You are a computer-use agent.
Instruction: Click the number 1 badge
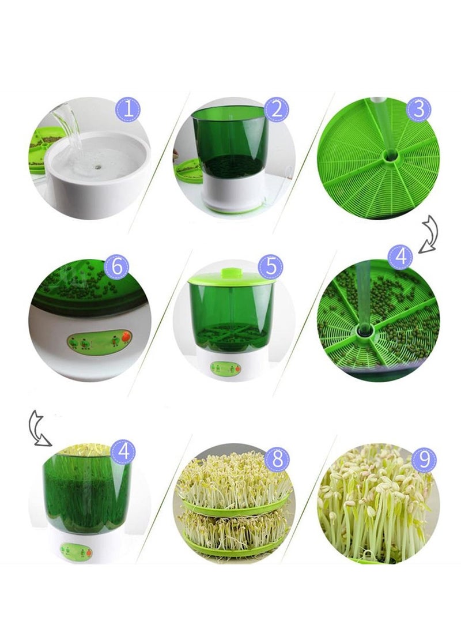coord(128,109)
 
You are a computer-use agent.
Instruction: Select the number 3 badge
coord(418,109)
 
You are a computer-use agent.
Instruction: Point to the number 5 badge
coord(271,266)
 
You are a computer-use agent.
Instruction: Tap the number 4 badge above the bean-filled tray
coord(400,257)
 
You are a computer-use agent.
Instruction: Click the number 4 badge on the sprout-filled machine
coord(123,451)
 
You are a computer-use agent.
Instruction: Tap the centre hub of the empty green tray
coord(389,157)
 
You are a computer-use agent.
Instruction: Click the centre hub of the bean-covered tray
coord(365,330)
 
